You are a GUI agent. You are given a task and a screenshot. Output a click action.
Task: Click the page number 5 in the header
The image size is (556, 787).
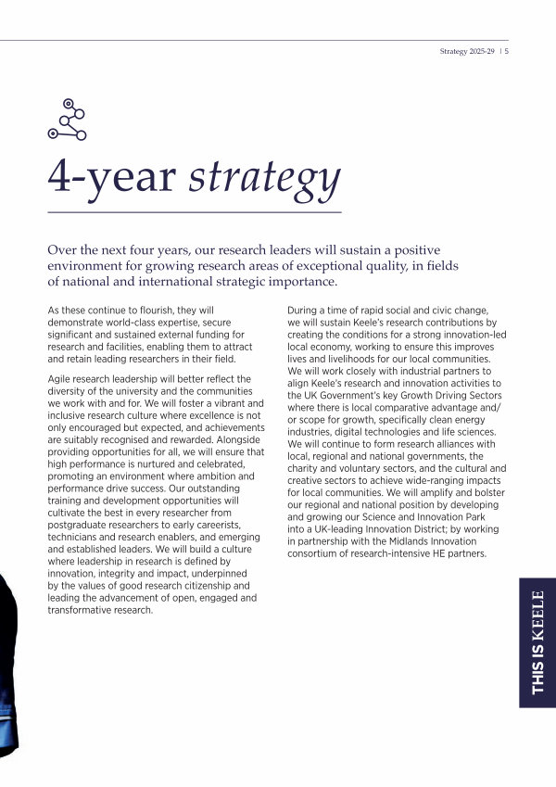[x=508, y=52]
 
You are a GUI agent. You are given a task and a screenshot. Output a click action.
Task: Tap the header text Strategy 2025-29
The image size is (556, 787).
[x=468, y=52]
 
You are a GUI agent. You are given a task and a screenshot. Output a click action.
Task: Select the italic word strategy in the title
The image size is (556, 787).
[x=264, y=178]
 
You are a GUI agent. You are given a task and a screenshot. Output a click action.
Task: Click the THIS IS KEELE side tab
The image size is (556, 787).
[x=537, y=642]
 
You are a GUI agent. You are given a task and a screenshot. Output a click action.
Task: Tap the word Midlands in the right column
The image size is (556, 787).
[x=396, y=541]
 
